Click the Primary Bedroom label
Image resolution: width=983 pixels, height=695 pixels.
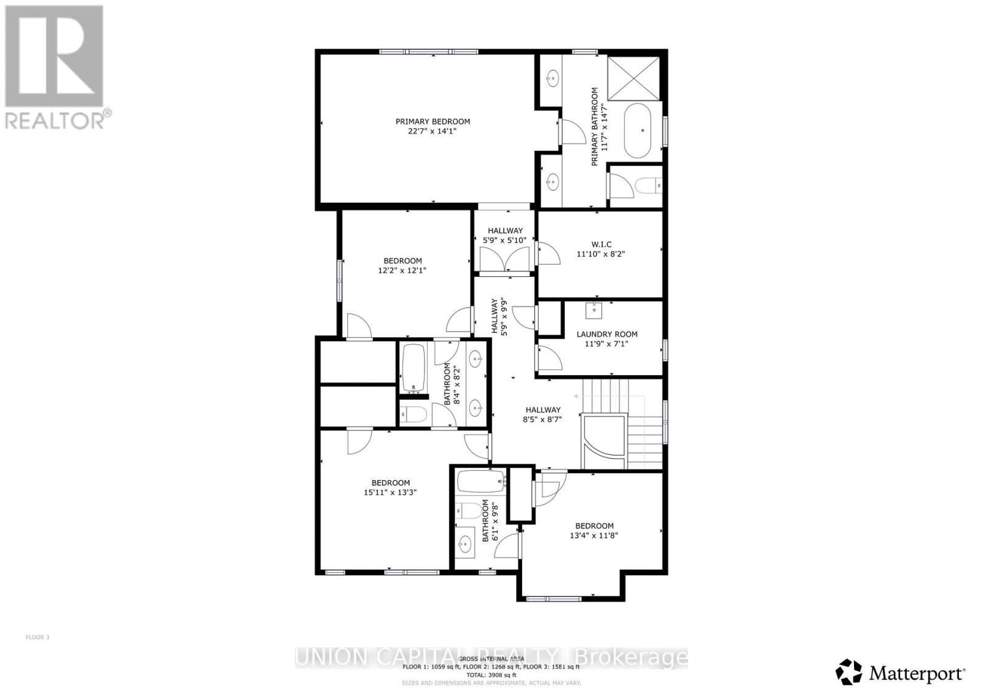pos(433,122)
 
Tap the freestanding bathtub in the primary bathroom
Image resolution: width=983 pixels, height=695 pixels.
pos(643,130)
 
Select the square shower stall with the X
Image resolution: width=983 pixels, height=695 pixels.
pos(634,77)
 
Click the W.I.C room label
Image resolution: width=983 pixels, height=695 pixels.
pos(602,244)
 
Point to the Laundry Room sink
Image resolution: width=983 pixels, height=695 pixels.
pos(594,310)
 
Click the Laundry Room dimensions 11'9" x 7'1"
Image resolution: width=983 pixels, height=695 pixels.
pos(606,344)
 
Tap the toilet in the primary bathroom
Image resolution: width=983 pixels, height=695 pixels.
pos(648,185)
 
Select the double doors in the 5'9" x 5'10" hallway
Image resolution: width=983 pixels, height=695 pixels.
pos(504,261)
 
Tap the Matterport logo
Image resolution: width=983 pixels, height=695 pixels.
pos(901,673)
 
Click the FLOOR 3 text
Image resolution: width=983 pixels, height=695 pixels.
pos(37,637)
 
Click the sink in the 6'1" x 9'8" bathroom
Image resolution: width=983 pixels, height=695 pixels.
pos(465,543)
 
